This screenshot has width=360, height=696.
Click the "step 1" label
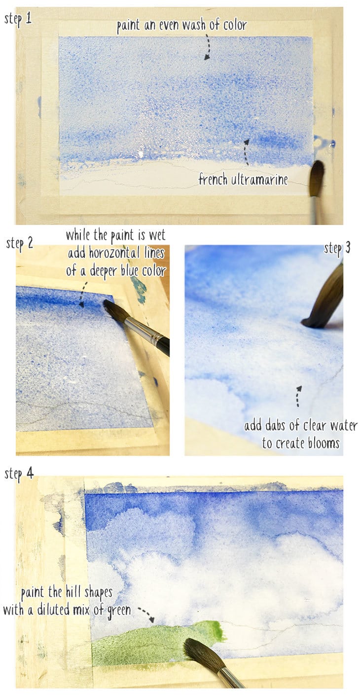coord(19,18)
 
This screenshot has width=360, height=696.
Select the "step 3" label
coord(337,248)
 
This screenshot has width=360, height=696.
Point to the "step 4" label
coord(19,473)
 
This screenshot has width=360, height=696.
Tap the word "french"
coord(213,179)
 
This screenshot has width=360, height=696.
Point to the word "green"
coord(118,610)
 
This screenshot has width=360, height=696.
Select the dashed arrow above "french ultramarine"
coord(246,151)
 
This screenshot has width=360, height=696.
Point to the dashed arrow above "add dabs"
coord(298,396)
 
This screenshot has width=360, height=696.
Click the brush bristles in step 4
coord(202,653)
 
